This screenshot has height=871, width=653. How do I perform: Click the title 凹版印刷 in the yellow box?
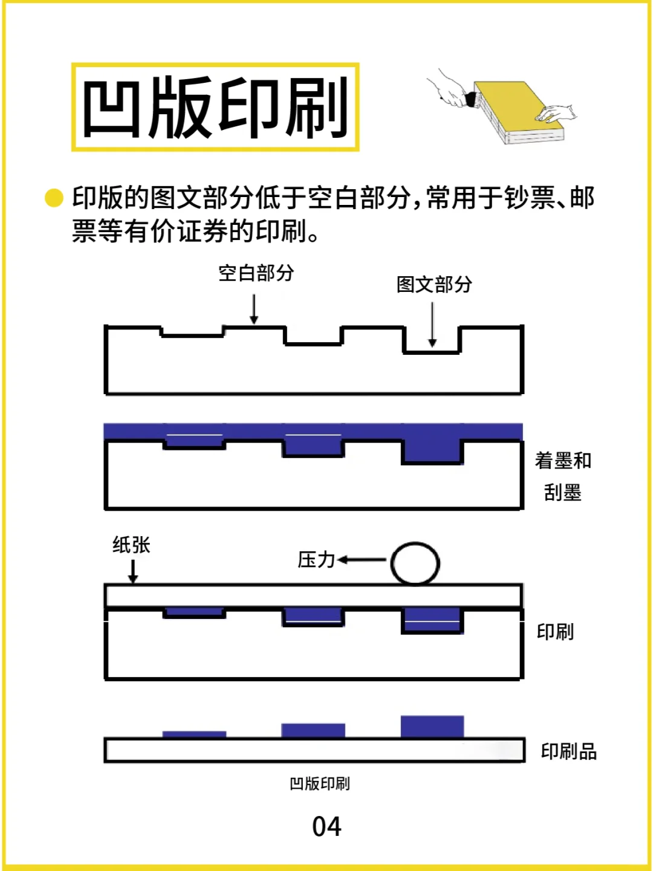[x=215, y=108]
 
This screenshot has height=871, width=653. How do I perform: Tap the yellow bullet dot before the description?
[x=54, y=198]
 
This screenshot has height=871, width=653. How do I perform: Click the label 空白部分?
[x=256, y=273]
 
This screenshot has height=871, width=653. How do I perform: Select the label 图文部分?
[x=434, y=284]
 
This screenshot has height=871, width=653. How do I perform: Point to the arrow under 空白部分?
[x=254, y=309]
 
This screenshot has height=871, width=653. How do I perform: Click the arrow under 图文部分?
[x=432, y=325]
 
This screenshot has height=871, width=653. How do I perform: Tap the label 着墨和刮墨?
[x=562, y=476]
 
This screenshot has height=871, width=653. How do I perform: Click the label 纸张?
[x=131, y=545]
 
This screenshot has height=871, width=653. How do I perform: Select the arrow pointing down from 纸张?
[x=133, y=571]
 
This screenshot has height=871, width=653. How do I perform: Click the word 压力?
[x=316, y=560]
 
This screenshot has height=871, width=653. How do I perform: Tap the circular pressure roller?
[x=415, y=563]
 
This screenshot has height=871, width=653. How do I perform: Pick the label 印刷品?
[x=568, y=751]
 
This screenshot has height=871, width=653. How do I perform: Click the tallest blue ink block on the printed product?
[x=432, y=727]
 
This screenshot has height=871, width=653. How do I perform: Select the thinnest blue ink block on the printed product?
[x=194, y=734]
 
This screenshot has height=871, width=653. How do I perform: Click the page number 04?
[x=326, y=827]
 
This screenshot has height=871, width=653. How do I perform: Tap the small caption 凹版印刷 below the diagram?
[x=319, y=783]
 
